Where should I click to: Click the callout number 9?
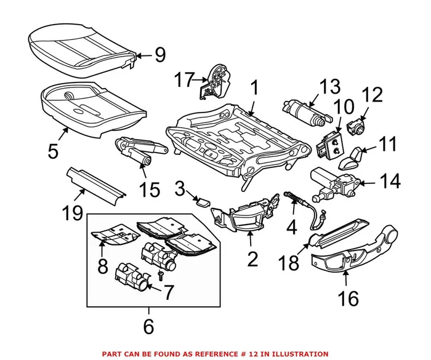click(159, 56)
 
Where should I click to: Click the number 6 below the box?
click(148, 326)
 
